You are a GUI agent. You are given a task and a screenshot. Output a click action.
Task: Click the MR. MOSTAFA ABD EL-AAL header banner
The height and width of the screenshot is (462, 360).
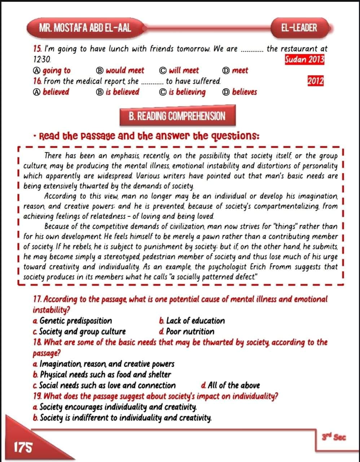85,27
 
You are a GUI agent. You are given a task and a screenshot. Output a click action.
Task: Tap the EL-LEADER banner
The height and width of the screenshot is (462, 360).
299,27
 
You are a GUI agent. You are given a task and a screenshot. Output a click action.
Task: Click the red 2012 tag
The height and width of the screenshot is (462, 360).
315,81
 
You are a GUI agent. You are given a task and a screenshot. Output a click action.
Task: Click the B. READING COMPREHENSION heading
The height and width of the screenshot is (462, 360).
177,116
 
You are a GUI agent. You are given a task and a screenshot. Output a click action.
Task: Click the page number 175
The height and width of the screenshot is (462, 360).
22,447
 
